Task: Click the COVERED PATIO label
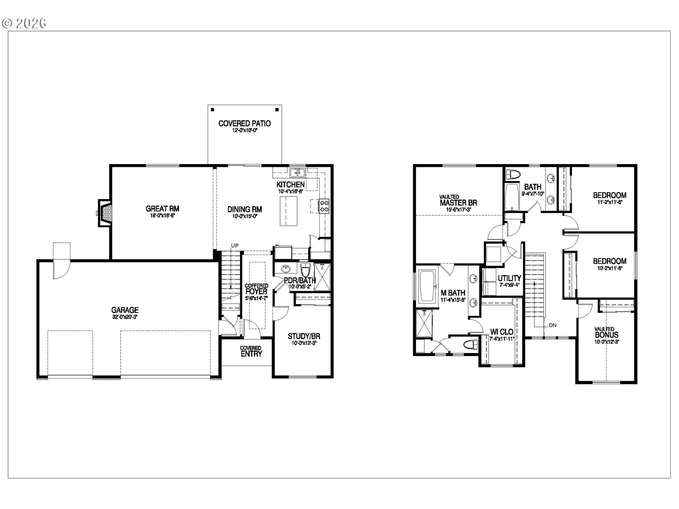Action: point(244,124)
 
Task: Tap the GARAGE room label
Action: point(125,310)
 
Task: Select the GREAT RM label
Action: point(162,209)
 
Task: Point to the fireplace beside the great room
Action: point(105,213)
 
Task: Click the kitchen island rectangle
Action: point(289,211)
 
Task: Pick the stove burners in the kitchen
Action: point(324,206)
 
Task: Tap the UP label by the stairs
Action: point(235,246)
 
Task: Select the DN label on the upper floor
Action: point(552,325)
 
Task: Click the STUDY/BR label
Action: point(304,337)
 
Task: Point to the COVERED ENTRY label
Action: point(251,351)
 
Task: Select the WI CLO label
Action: point(501,332)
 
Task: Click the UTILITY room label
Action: point(509,278)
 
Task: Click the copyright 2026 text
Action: point(24,23)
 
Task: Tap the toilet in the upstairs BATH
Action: point(513,175)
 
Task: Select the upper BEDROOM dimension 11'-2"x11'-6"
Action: point(609,202)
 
